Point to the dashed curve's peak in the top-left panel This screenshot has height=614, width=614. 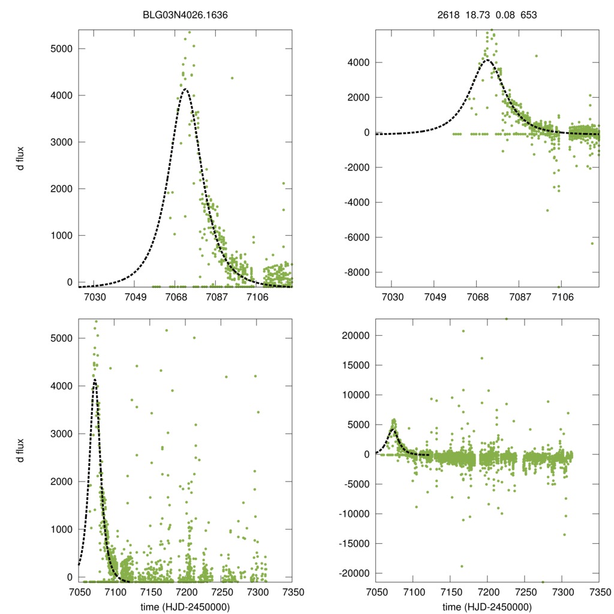pos(185,89)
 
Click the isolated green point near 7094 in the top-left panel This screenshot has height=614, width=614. pos(232,78)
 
